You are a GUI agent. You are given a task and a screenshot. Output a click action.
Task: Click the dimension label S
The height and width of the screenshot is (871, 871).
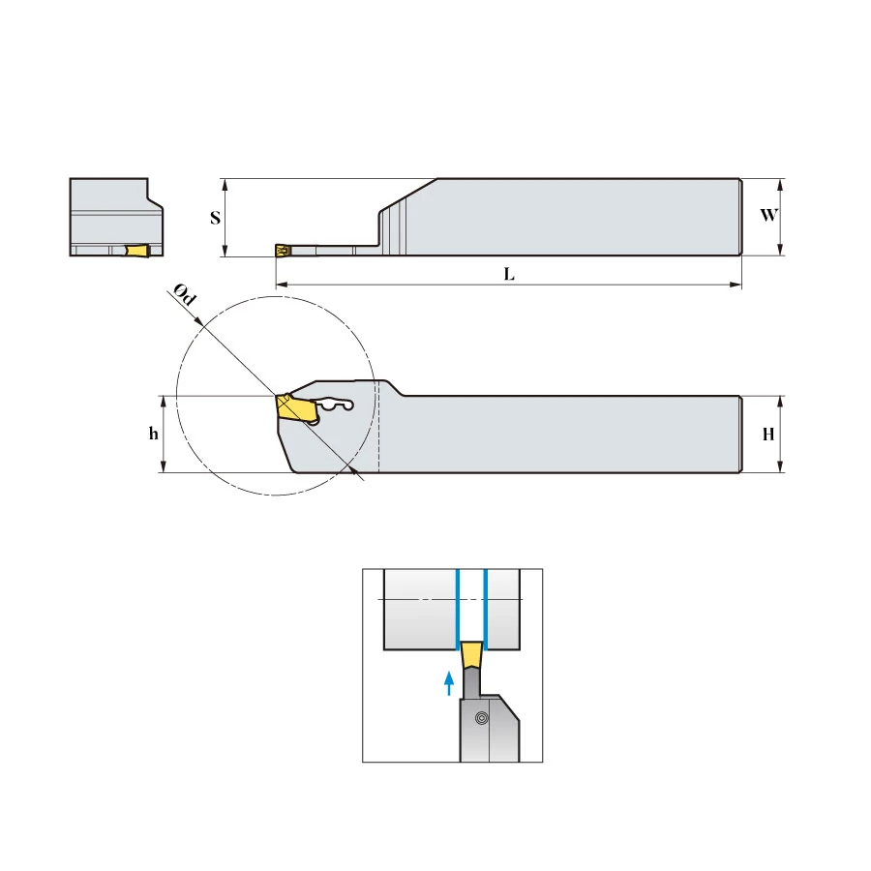(216, 218)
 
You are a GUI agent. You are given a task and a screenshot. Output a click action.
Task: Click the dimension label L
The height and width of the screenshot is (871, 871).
(509, 274)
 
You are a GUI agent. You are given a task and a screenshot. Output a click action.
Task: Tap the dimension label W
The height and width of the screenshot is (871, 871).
(768, 215)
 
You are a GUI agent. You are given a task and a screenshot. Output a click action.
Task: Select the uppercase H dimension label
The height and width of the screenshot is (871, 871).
(768, 434)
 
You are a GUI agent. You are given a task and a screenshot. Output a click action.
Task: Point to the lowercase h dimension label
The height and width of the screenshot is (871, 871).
(153, 434)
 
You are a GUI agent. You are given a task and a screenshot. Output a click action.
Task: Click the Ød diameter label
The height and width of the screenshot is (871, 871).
(185, 294)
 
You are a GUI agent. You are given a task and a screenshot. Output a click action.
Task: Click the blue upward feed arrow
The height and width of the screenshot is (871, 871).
(449, 683)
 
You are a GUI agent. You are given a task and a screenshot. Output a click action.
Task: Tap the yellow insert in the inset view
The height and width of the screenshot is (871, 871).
(471, 654)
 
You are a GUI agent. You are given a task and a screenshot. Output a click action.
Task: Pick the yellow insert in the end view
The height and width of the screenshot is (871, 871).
(137, 251)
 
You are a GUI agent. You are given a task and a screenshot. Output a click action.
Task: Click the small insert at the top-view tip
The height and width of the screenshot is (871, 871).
(283, 251)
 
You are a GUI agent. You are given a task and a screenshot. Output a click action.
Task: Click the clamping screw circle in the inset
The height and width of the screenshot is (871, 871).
(482, 718)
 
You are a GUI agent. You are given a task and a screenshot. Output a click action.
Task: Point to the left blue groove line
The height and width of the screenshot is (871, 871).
(457, 610)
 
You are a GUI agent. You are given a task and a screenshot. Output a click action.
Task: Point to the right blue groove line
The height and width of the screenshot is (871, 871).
(486, 610)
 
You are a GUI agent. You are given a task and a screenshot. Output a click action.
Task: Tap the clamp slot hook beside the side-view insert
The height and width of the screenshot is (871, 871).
(335, 405)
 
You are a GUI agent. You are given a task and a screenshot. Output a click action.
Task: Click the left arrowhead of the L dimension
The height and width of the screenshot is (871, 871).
(281, 285)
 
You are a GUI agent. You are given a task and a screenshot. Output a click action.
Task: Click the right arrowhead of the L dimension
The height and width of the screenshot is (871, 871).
(736, 285)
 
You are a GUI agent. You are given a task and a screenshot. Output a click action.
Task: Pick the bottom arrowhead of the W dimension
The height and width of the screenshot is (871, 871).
(780, 250)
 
